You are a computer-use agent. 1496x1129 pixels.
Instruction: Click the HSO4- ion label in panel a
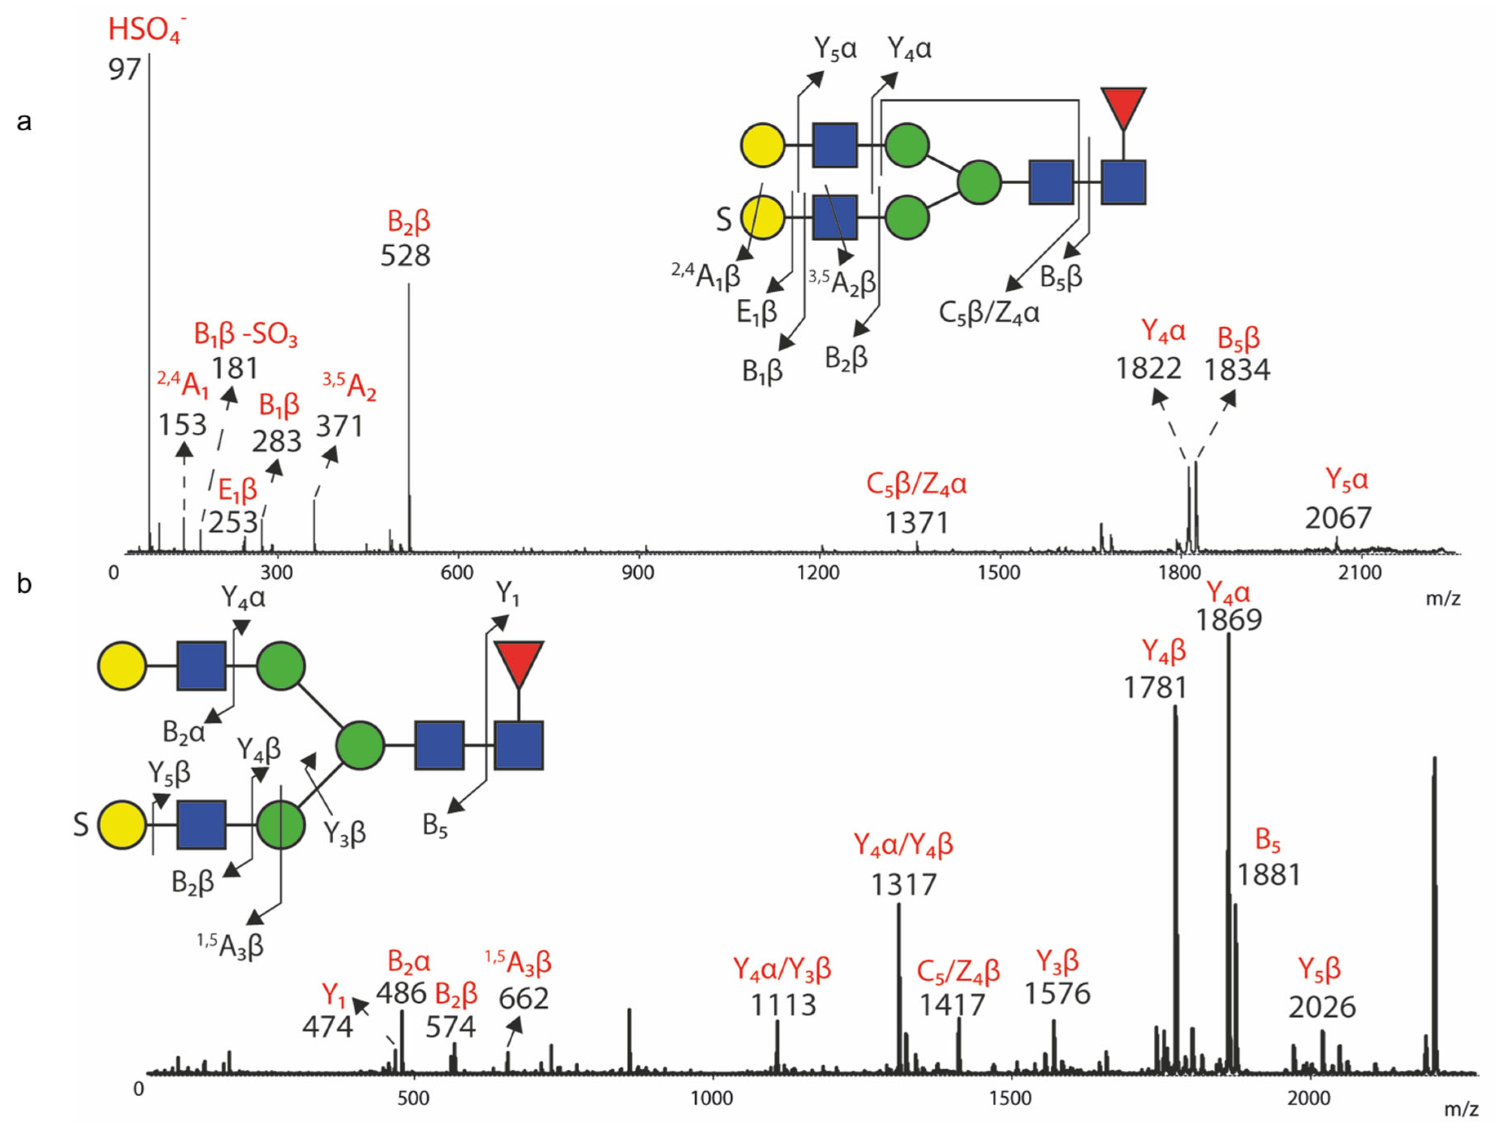pyautogui.click(x=147, y=30)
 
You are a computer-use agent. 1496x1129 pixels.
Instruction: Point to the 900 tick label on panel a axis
pyautogui.click(x=638, y=573)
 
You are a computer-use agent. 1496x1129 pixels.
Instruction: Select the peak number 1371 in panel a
pyautogui.click(x=917, y=523)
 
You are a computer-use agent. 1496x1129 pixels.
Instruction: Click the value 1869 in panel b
pyautogui.click(x=1229, y=619)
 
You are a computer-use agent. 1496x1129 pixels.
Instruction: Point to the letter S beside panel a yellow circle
pyautogui.click(x=723, y=220)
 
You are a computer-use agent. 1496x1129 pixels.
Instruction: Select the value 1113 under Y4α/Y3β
pyautogui.click(x=783, y=1005)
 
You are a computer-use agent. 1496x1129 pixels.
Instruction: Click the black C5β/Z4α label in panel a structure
pyautogui.click(x=989, y=313)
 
